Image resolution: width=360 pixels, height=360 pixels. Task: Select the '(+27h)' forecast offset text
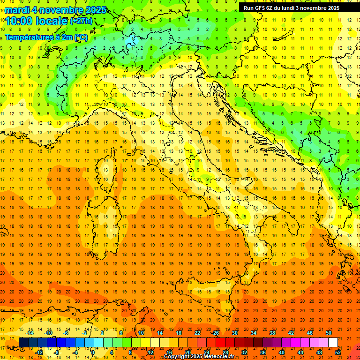pyautogui.click(x=81, y=21)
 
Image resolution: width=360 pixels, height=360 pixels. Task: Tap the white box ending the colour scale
pyautogui.click(x=333, y=343)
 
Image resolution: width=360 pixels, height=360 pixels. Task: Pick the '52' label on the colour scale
pyautogui.click(x=338, y=352)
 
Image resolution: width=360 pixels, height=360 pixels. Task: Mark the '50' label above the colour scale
pyautogui.click(x=329, y=333)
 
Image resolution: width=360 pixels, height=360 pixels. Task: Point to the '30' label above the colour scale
pyautogui.click(x=234, y=333)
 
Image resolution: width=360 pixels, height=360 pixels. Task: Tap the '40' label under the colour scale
pyautogui.click(x=282, y=352)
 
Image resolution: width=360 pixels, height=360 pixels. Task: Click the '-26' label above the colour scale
pyautogui.click(x=215, y=333)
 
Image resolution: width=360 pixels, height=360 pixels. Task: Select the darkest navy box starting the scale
pyautogui.click(x=23, y=343)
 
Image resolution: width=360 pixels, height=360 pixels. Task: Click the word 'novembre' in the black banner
pyautogui.click(x=313, y=7)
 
